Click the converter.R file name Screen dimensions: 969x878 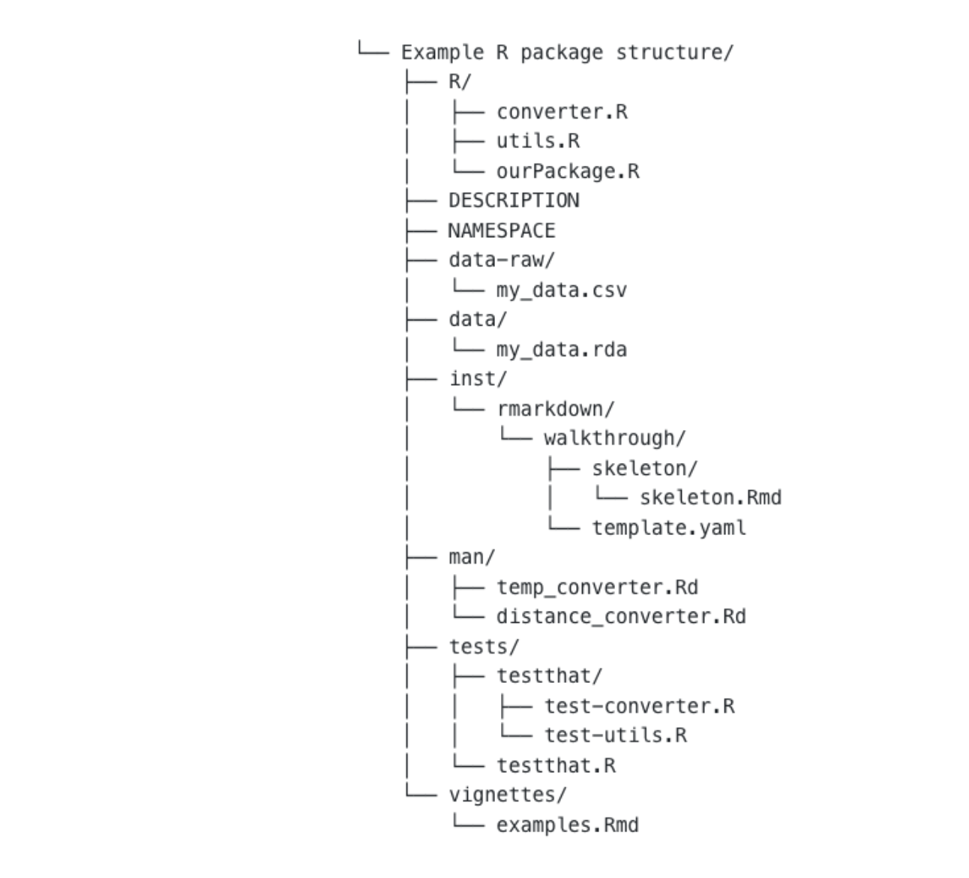[x=562, y=112]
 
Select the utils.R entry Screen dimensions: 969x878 [x=538, y=141]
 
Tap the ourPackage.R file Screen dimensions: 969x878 [x=568, y=171]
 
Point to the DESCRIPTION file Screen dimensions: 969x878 [x=514, y=200]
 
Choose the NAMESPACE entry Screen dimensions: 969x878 [x=502, y=230]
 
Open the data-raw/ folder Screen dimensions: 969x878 [x=502, y=260]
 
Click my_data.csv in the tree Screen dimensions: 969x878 [x=561, y=290]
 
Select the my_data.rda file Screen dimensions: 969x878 [x=561, y=350]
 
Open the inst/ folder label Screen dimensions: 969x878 [x=478, y=379]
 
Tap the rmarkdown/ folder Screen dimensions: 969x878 [x=556, y=409]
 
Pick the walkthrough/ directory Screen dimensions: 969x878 [x=614, y=438]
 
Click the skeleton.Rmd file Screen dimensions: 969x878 [x=710, y=498]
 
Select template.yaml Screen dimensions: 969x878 [x=669, y=528]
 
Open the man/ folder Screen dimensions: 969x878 [x=472, y=557]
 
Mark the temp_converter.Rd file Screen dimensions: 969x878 [x=597, y=588]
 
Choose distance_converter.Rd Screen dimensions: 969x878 [x=621, y=617]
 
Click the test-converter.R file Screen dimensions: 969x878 [x=640, y=706]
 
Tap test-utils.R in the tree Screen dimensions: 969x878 [x=616, y=735]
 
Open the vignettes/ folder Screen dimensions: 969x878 [x=507, y=795]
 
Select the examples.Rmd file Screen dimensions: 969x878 [x=568, y=825]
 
